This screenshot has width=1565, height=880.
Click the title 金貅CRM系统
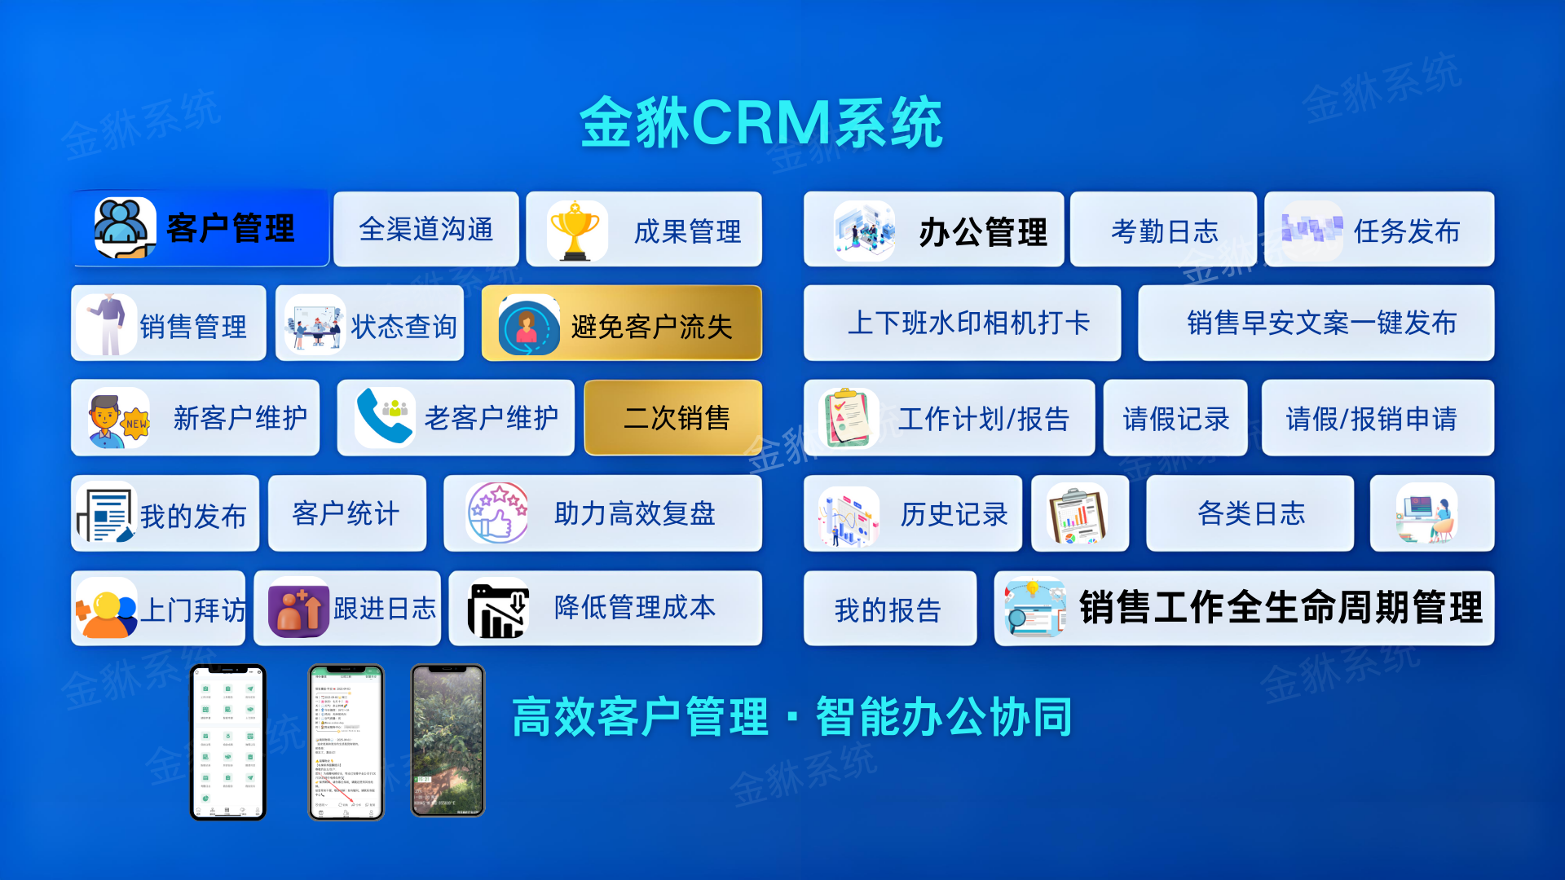[x=761, y=124]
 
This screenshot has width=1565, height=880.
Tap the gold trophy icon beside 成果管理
[x=575, y=231]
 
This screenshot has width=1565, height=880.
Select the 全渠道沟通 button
[x=426, y=230]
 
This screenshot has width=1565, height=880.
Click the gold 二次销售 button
[x=674, y=418]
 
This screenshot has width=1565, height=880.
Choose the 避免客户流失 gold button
[x=622, y=324]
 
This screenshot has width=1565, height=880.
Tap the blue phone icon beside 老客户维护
[x=384, y=417]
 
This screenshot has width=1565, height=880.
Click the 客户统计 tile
[x=346, y=514]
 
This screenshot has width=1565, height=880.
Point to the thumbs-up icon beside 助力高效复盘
[x=497, y=513]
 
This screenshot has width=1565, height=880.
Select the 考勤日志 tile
[x=1163, y=231]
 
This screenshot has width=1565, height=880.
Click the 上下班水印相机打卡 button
[x=962, y=323]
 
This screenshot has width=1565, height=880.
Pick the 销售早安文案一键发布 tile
[x=1316, y=323]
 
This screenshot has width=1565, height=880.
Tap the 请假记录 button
[x=1175, y=419]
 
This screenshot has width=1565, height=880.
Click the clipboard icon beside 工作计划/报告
[x=849, y=418]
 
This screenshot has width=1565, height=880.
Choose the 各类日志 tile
[x=1250, y=514]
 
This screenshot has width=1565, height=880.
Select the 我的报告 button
[x=889, y=609]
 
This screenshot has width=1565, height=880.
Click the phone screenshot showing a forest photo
[x=447, y=741]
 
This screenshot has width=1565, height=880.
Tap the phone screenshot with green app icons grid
[x=228, y=741]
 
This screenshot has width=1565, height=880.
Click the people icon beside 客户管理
[x=124, y=228]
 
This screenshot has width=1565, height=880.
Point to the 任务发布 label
[x=1406, y=231]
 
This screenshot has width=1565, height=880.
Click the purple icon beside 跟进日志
[x=298, y=609]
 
